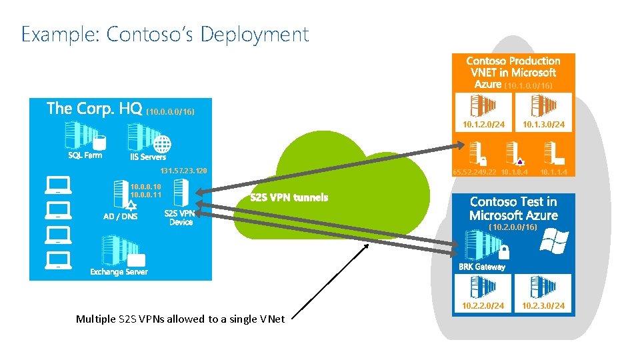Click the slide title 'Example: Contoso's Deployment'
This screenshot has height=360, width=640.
[x=165, y=34]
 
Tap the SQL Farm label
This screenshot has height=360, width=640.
[x=85, y=155]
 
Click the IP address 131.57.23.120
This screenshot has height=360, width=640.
[x=184, y=172]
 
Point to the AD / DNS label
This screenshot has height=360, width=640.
[x=120, y=216]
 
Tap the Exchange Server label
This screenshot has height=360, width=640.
[x=119, y=272]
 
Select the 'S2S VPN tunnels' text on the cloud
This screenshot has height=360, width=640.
[x=289, y=197]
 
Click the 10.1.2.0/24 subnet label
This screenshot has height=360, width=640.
[x=483, y=125]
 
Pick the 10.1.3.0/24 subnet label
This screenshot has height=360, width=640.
[x=543, y=125]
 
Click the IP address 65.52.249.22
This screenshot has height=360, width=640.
[x=474, y=173]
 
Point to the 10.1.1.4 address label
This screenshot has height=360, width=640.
[x=555, y=173]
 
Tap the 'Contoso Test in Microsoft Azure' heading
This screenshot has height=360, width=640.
[x=513, y=208]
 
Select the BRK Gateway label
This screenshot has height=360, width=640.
[x=481, y=267]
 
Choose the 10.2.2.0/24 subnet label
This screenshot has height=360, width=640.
[x=483, y=306]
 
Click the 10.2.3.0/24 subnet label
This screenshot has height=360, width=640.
[x=543, y=306]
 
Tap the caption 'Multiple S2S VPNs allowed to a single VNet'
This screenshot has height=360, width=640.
[x=180, y=319]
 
